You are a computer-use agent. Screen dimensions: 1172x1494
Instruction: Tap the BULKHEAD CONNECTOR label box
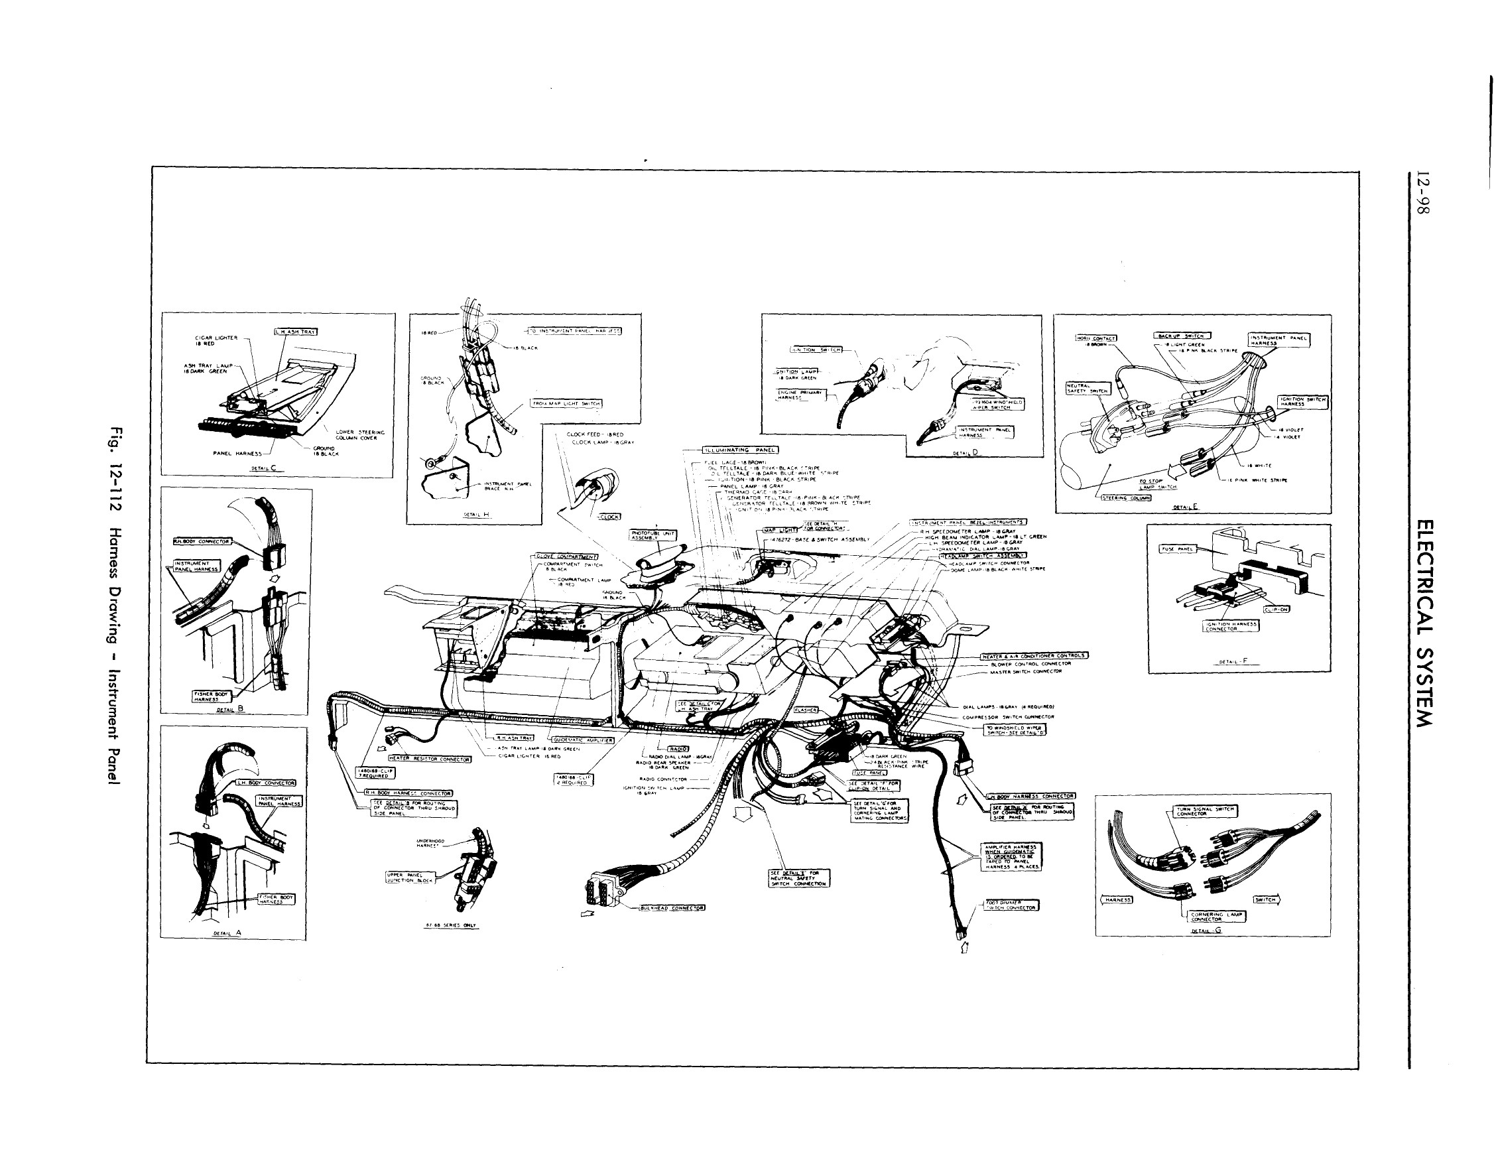coord(672,907)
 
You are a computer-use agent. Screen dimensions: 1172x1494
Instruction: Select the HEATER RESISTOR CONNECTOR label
coord(430,759)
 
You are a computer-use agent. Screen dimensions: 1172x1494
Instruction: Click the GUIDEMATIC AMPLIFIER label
coord(583,740)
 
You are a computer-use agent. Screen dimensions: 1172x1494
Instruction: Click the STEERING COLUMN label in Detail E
coord(1126,497)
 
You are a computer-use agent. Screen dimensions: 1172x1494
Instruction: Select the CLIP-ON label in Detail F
coord(1276,609)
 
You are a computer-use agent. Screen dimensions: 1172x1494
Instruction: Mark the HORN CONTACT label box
coord(1095,338)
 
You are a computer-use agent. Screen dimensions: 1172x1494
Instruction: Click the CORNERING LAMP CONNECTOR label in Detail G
coord(1217,917)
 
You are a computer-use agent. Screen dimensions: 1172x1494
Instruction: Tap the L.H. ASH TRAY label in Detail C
coord(296,332)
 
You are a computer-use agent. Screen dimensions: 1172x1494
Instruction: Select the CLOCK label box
coord(609,517)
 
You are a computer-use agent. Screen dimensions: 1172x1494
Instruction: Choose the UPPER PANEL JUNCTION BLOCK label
coord(410,878)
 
